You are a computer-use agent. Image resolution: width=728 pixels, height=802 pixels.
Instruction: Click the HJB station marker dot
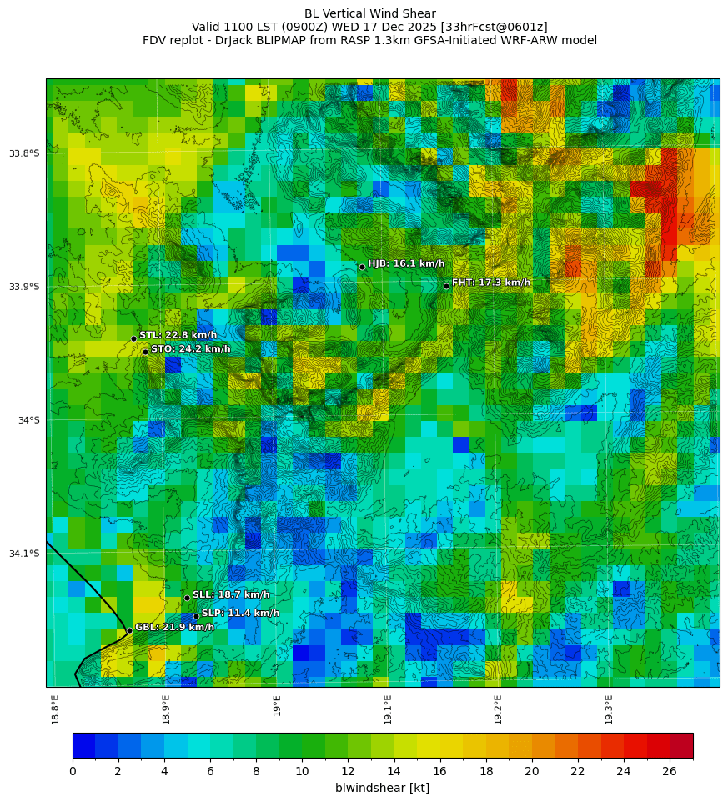362,267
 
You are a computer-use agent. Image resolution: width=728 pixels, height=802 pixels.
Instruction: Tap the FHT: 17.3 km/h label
490,283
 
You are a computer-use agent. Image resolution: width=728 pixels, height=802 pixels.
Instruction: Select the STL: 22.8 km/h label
178,335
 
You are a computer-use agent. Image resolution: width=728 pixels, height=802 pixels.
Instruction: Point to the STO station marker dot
145,352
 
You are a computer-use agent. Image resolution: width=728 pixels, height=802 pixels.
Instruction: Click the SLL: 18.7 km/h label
231,594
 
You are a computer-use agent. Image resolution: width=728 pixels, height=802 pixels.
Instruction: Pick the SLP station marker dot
196,616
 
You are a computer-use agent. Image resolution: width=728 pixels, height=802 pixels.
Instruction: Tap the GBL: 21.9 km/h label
174,627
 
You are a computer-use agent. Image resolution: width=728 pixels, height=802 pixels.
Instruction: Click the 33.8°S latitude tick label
24,153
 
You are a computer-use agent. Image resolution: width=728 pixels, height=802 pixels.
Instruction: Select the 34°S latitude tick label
28,420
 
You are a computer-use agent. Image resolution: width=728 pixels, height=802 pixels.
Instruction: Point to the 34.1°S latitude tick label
24,554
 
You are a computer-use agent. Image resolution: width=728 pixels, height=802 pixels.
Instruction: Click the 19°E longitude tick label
277,705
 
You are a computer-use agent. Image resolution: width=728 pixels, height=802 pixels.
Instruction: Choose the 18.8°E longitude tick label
55,709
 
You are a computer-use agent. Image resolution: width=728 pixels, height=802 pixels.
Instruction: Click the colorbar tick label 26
670,771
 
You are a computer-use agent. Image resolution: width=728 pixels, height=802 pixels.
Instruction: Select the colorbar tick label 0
73,771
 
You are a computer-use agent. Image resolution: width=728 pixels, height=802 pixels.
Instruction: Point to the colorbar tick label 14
394,771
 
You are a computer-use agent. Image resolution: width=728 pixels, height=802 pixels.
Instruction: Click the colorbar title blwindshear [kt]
382,788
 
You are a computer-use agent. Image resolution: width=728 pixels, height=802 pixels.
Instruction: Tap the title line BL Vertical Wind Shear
369,13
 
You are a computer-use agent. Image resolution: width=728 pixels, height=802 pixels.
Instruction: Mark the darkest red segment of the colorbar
681,745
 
